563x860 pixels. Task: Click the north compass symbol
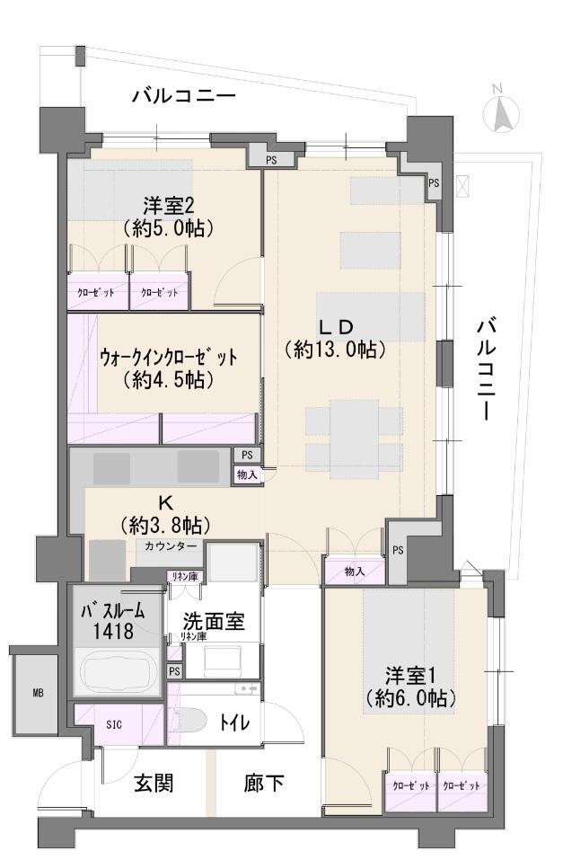[500, 111]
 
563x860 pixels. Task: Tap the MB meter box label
[38, 693]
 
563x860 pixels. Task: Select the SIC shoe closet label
[114, 724]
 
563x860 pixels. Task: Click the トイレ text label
[234, 723]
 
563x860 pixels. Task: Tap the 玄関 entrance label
[154, 783]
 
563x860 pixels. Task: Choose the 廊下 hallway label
[264, 783]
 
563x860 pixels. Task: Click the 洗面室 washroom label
[213, 622]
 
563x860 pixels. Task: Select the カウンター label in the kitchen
[171, 546]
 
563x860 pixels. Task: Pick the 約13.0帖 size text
[334, 350]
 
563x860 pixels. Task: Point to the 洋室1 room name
[410, 675]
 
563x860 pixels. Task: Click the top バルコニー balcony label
[184, 96]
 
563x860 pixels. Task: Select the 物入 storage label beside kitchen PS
[247, 474]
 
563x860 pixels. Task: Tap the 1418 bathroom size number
[113, 632]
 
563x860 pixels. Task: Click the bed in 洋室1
[409, 651]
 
